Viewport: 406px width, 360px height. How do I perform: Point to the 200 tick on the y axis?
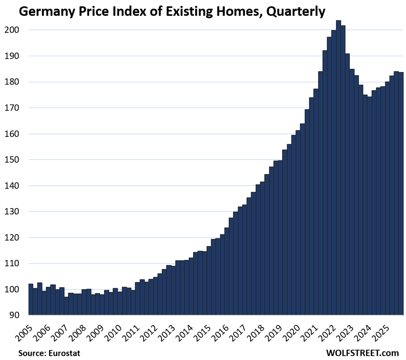(12, 30)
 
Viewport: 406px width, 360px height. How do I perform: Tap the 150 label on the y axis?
(12, 160)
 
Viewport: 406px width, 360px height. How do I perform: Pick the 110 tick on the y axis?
(12, 264)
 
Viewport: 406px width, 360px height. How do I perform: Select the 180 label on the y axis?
(12, 82)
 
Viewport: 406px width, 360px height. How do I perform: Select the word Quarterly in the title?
(296, 12)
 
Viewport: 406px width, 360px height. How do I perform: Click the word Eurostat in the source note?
(64, 353)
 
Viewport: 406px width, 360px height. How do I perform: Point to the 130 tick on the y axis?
(12, 212)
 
